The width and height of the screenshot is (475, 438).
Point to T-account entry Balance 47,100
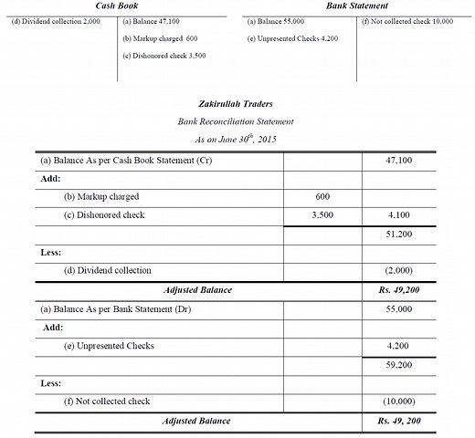153,21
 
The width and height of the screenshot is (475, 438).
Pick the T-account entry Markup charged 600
160,39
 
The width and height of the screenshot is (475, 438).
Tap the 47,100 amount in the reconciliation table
399,160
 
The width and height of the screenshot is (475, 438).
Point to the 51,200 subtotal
399,234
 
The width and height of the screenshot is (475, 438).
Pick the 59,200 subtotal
399,364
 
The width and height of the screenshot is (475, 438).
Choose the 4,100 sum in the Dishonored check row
399,215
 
